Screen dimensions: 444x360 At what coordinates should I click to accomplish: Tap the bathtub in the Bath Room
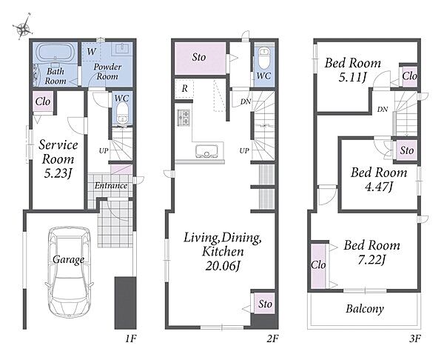click(x=55, y=52)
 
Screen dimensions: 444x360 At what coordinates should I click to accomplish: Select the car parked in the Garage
click(x=69, y=272)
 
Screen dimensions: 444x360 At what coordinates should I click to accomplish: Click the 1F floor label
click(x=131, y=339)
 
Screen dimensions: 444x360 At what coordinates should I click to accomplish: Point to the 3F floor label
click(x=415, y=339)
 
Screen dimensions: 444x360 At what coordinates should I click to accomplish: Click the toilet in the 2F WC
click(x=264, y=59)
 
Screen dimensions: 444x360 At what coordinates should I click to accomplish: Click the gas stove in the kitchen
click(x=184, y=118)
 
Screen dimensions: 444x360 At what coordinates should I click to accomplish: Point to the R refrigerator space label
click(x=184, y=89)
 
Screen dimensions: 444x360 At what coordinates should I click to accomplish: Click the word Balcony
click(x=364, y=309)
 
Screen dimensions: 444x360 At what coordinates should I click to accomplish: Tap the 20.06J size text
click(x=223, y=266)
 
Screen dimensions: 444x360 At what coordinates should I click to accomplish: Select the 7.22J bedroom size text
click(x=371, y=260)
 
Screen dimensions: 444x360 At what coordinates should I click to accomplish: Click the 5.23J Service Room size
click(x=57, y=173)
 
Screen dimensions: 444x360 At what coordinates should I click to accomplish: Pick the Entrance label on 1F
click(x=111, y=186)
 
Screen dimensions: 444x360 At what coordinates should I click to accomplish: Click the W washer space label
click(x=91, y=52)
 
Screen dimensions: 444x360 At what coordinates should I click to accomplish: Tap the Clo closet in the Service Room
click(x=43, y=101)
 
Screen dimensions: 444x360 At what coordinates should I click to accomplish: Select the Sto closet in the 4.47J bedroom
click(x=406, y=150)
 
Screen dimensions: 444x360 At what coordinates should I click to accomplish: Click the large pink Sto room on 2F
click(x=200, y=58)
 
